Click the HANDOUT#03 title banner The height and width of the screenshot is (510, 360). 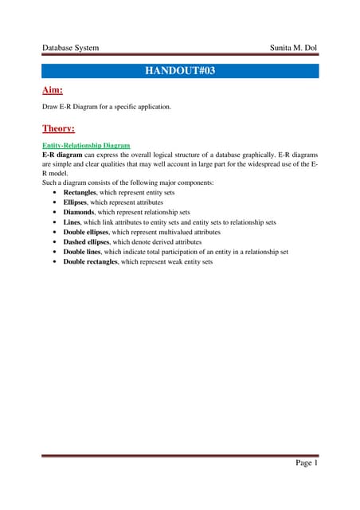180,71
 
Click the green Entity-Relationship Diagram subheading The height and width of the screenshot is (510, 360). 86,147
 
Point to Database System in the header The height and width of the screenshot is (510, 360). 71,48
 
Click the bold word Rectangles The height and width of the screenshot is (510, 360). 80,194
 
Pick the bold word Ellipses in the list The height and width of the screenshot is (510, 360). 76,203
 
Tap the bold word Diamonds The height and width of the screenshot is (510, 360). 79,213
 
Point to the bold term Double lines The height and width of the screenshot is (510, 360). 84,251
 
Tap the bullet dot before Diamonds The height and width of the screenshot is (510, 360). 54,213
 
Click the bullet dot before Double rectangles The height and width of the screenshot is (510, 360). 54,261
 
